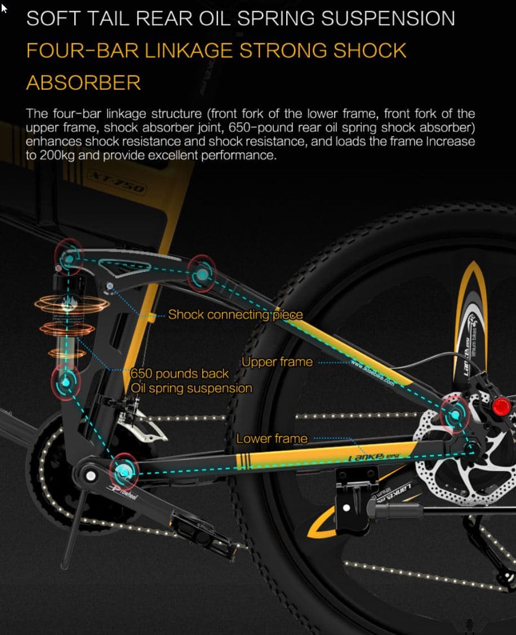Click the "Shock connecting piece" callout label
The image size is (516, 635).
235,314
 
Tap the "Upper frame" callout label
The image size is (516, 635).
277,362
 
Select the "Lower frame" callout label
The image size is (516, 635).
272,438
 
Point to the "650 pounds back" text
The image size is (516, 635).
180,374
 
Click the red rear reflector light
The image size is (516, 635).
500,406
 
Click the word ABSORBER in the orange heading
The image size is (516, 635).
83,82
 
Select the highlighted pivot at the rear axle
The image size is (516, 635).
454,415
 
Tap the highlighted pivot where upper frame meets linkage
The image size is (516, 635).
201,273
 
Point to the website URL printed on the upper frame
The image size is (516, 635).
372,371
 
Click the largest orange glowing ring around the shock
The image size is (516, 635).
71,305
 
